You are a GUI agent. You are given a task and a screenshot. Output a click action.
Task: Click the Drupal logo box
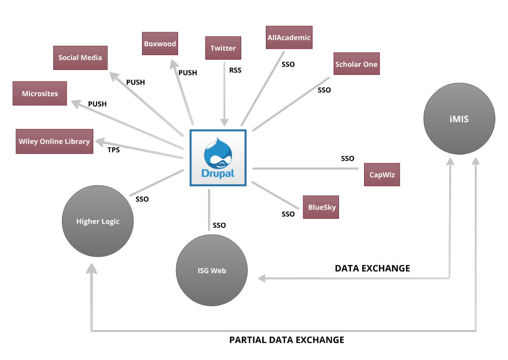[218, 158]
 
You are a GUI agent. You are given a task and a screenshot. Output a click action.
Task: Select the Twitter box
[223, 48]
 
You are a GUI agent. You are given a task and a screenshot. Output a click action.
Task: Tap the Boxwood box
[160, 43]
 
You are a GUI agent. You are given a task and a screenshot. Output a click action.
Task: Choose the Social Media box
[80, 57]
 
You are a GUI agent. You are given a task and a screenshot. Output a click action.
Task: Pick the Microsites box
[40, 93]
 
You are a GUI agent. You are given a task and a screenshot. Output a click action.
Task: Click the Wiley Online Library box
[54, 141]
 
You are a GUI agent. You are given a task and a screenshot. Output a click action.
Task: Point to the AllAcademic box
[289, 38]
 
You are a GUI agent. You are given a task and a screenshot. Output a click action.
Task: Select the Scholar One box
[356, 64]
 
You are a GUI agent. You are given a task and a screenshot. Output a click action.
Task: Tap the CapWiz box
[382, 174]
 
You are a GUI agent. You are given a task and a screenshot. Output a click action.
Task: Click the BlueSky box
[321, 207]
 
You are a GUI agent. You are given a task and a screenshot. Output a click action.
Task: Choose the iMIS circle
[460, 119]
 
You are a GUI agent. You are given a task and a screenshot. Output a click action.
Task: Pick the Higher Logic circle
[98, 221]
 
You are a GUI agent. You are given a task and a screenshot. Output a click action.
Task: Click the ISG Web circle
[212, 270]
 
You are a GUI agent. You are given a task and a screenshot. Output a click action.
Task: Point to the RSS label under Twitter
[235, 70]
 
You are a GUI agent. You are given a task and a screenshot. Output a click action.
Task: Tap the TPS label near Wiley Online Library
[113, 150]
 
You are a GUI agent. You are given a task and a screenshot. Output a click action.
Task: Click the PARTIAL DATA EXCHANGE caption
[287, 340]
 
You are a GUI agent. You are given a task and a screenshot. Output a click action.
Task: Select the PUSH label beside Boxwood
[187, 73]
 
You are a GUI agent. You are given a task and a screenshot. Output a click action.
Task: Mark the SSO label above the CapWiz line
[347, 158]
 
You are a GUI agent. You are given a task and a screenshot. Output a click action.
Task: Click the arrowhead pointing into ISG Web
[262, 278]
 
